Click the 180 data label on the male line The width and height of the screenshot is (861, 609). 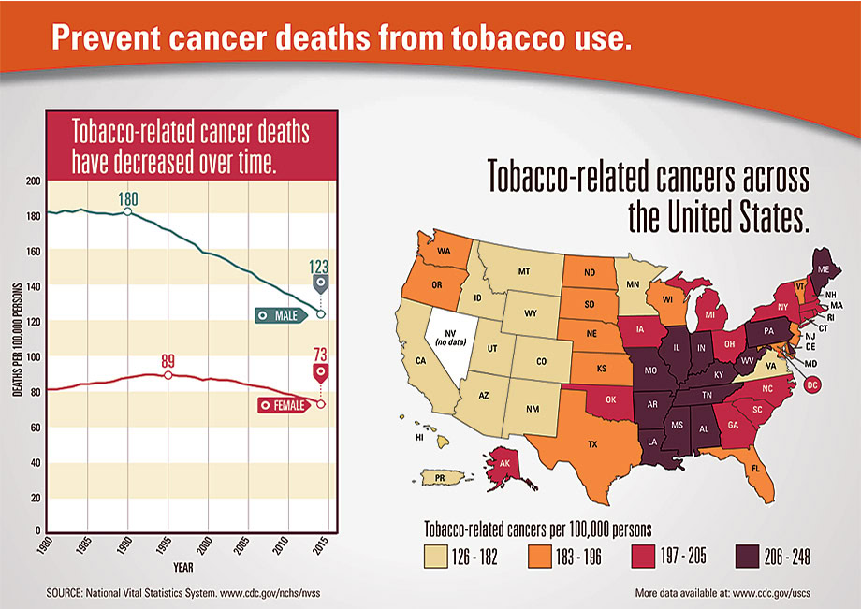[128, 198]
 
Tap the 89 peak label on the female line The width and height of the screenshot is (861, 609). [168, 361]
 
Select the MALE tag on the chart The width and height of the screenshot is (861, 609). [281, 315]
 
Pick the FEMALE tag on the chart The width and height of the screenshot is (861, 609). [284, 405]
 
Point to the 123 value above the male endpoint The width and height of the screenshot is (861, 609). [318, 267]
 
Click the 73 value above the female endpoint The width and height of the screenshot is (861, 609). [320, 355]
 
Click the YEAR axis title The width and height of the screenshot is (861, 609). [183, 567]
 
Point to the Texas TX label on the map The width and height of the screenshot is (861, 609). [592, 443]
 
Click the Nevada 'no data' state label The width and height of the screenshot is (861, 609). [450, 338]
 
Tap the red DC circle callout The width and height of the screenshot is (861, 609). [812, 385]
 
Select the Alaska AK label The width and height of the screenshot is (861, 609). [504, 463]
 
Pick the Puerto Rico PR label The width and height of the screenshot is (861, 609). [440, 478]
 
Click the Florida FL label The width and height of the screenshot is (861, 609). [755, 469]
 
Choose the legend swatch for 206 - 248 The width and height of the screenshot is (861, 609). [747, 557]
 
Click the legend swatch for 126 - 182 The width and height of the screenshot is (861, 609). [436, 557]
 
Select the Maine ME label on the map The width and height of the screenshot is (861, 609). [824, 269]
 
